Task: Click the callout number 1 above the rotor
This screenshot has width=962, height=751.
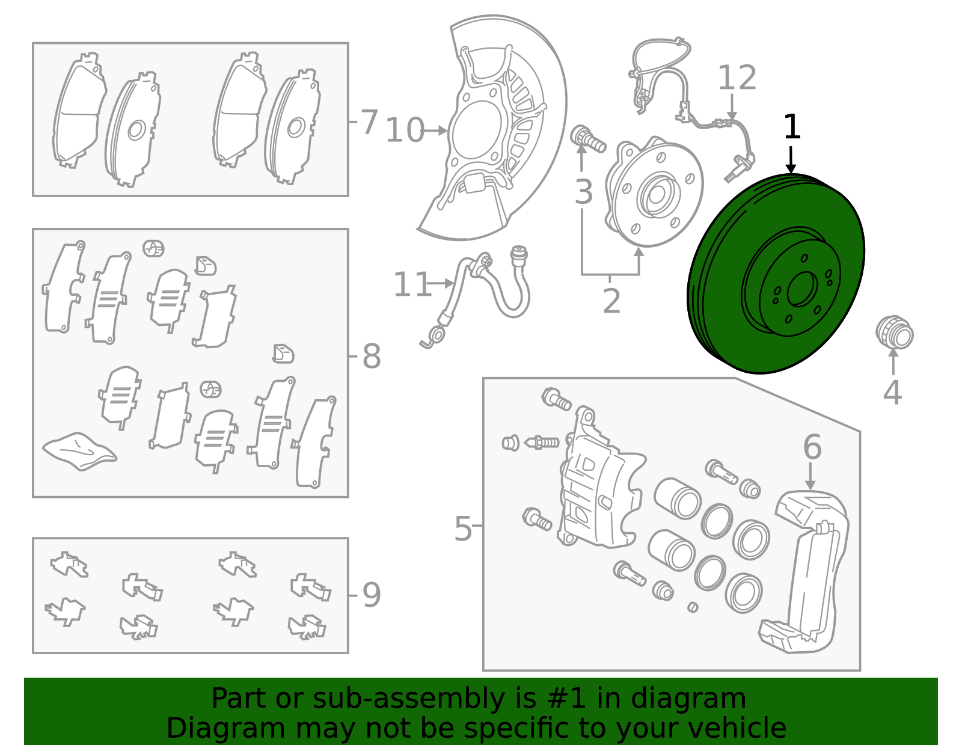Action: (x=792, y=127)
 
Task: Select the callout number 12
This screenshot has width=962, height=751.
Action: (x=737, y=78)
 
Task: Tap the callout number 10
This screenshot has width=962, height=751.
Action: (x=405, y=130)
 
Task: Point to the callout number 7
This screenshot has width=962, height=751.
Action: (x=369, y=121)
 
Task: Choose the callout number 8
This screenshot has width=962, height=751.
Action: (x=372, y=357)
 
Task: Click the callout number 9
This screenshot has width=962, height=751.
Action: (x=372, y=595)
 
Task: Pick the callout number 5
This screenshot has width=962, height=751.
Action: (x=462, y=529)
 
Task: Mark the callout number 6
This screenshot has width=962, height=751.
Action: (x=812, y=447)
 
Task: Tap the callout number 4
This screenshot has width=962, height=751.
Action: (x=892, y=393)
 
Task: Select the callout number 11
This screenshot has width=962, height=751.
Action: (x=412, y=284)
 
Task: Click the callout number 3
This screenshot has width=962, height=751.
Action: (x=583, y=192)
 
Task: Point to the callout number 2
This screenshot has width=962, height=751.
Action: (x=611, y=301)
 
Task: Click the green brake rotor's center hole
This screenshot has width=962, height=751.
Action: (x=801, y=289)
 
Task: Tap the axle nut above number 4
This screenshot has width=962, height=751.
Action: (x=894, y=333)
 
